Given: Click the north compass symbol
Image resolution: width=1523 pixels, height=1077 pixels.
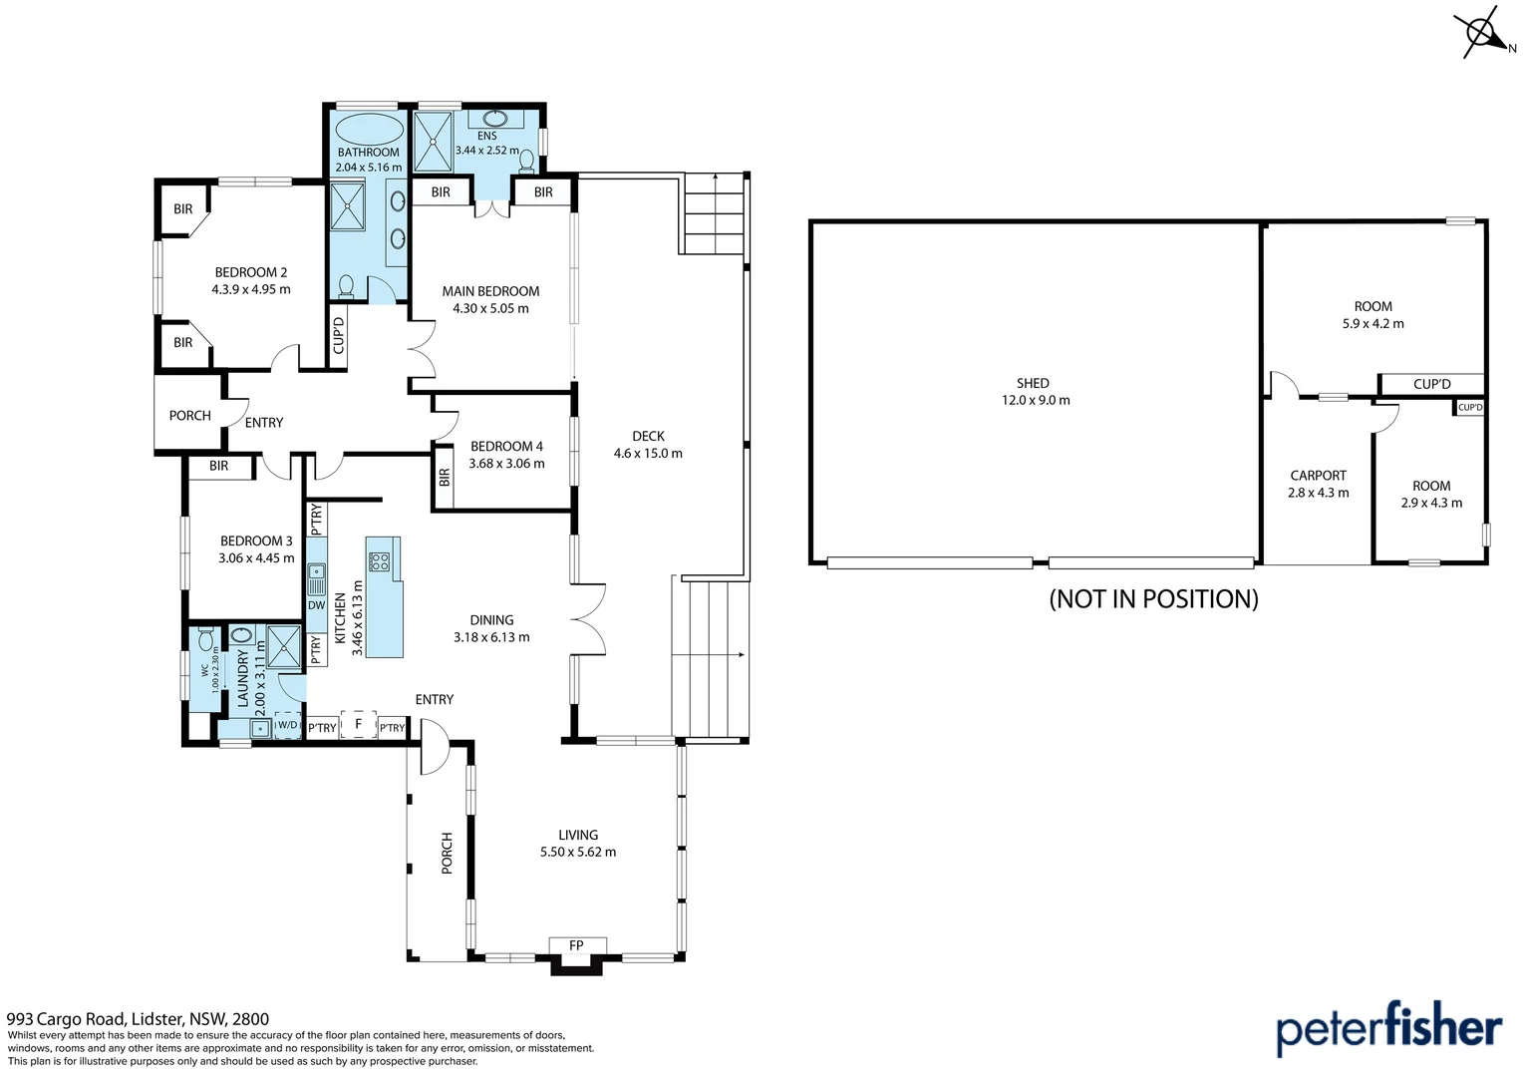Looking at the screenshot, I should pos(1484,32).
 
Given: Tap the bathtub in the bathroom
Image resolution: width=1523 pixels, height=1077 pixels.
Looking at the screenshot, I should pos(369,130).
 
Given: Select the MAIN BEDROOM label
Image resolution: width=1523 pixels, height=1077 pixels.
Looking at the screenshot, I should pos(490,291).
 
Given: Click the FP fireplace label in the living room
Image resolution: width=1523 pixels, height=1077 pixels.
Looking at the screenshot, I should pos(576,945).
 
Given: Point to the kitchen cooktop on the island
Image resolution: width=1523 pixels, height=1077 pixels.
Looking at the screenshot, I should pos(379,560).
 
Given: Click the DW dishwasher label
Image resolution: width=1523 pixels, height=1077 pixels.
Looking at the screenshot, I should pos(316,605).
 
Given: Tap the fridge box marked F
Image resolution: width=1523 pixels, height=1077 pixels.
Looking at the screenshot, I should pos(358,724).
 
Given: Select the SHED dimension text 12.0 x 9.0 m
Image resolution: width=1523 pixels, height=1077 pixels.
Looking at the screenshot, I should pos(1036,400).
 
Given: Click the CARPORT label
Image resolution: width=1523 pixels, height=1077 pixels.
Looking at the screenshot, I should pos(1318,476).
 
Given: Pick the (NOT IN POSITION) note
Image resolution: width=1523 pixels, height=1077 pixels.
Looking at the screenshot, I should pos(1153,598).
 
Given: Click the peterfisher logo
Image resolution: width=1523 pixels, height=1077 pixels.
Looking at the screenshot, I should pos(1388,1029).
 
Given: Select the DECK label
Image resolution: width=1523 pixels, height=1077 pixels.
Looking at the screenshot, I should pos(648,436).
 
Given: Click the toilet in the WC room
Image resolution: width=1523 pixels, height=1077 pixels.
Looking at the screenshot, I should pos(205,638).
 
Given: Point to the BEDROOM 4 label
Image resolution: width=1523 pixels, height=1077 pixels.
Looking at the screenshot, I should pos(506,446).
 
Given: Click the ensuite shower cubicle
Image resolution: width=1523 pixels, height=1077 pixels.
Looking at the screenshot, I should pos(433,143).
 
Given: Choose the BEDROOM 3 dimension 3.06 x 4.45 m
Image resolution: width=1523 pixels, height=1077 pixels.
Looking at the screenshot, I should pos(256,558).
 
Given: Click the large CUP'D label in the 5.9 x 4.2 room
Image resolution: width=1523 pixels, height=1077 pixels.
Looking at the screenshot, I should pos(1431,384).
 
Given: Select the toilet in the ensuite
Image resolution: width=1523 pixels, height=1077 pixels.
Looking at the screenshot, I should pos(527,161).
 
